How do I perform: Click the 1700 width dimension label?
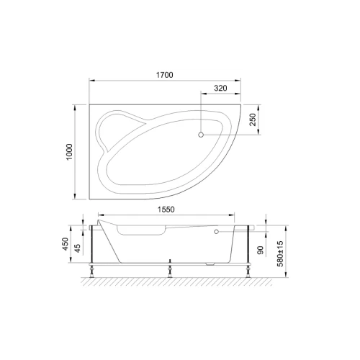[x=165, y=75]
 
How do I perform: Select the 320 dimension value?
[x=220, y=88]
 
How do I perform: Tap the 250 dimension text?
[x=253, y=120]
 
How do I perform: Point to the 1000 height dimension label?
[x=69, y=152]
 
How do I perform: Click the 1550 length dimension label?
[x=166, y=210]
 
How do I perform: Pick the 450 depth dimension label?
[x=66, y=244]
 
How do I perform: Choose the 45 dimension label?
[x=78, y=248]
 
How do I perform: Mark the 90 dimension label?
[x=261, y=250]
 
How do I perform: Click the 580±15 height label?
[x=280, y=254]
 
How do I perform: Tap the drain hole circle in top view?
[x=201, y=135]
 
